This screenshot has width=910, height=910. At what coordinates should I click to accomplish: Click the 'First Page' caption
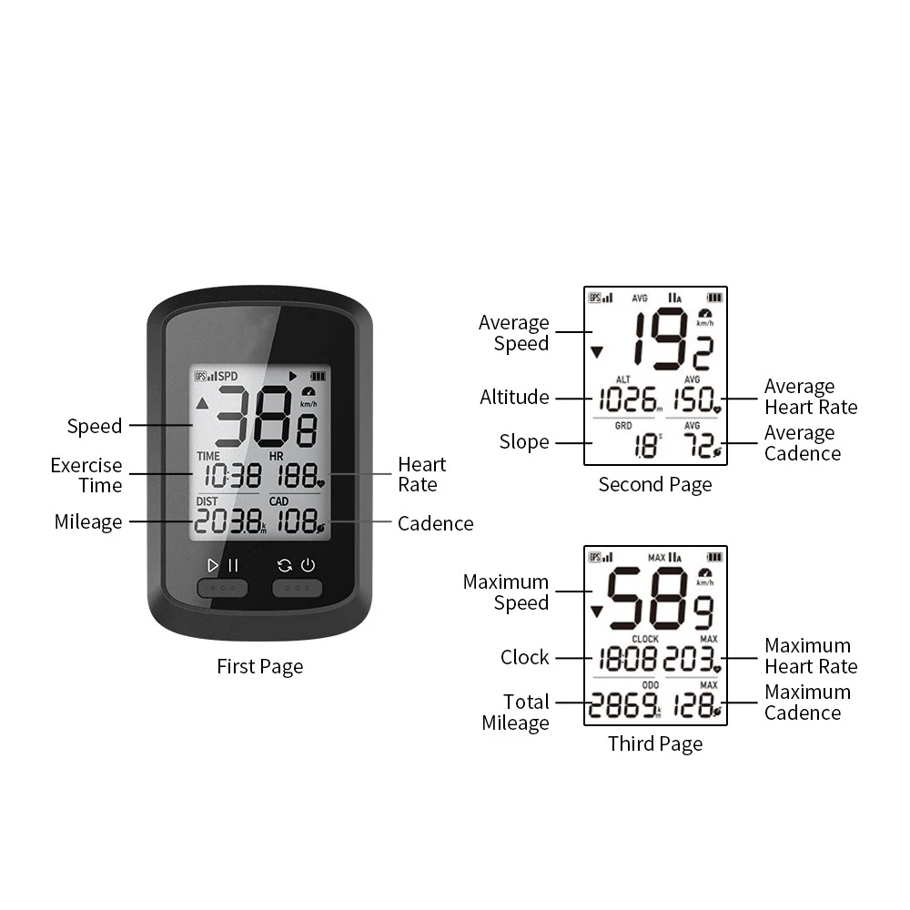pyautogui.click(x=259, y=667)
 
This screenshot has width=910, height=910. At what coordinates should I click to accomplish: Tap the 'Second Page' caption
pyautogui.click(x=655, y=485)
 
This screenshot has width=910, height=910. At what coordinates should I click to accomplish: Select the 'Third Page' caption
pyautogui.click(x=655, y=744)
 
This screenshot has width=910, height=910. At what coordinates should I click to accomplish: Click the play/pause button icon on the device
pyautogui.click(x=223, y=565)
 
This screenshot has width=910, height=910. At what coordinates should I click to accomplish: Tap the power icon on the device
pyautogui.click(x=308, y=565)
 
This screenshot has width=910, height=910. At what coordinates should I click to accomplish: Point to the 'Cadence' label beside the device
pyautogui.click(x=435, y=523)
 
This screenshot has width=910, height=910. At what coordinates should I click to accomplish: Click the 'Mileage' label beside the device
pyautogui.click(x=88, y=522)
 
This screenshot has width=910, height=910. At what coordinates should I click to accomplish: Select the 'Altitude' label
pyautogui.click(x=514, y=398)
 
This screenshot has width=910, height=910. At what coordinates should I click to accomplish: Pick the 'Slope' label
pyautogui.click(x=524, y=442)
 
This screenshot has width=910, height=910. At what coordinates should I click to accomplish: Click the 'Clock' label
pyautogui.click(x=525, y=657)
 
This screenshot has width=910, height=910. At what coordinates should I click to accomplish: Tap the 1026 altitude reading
pyautogui.click(x=628, y=399)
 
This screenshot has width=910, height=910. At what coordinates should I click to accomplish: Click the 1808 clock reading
pyautogui.click(x=629, y=659)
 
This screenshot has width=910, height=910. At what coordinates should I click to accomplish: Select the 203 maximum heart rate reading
pyautogui.click(x=691, y=659)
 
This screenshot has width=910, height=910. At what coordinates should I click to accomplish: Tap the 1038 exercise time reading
pyautogui.click(x=231, y=474)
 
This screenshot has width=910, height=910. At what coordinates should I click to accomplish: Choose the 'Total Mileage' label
pyautogui.click(x=515, y=713)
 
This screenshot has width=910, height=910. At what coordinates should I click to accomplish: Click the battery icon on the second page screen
pyautogui.click(x=714, y=297)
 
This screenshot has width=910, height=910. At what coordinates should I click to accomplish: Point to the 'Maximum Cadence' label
pyautogui.click(x=807, y=703)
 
